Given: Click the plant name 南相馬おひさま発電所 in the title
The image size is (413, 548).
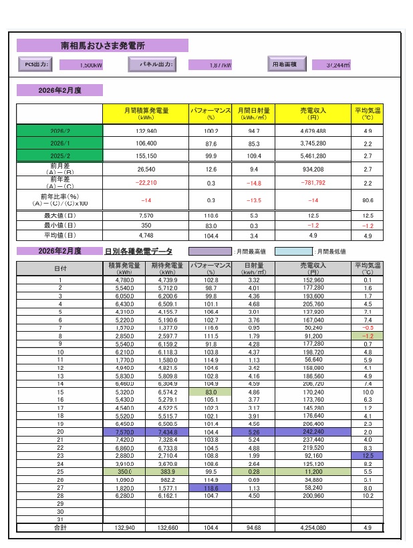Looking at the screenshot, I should click(102, 46).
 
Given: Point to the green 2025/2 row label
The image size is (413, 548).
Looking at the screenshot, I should click(60, 156).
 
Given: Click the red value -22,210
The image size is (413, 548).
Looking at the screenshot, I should click(146, 182).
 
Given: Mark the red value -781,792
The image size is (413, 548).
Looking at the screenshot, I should click(313, 182).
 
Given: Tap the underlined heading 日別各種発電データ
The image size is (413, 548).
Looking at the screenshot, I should click(138, 252).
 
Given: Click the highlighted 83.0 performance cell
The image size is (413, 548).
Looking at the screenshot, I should click(211, 392).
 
